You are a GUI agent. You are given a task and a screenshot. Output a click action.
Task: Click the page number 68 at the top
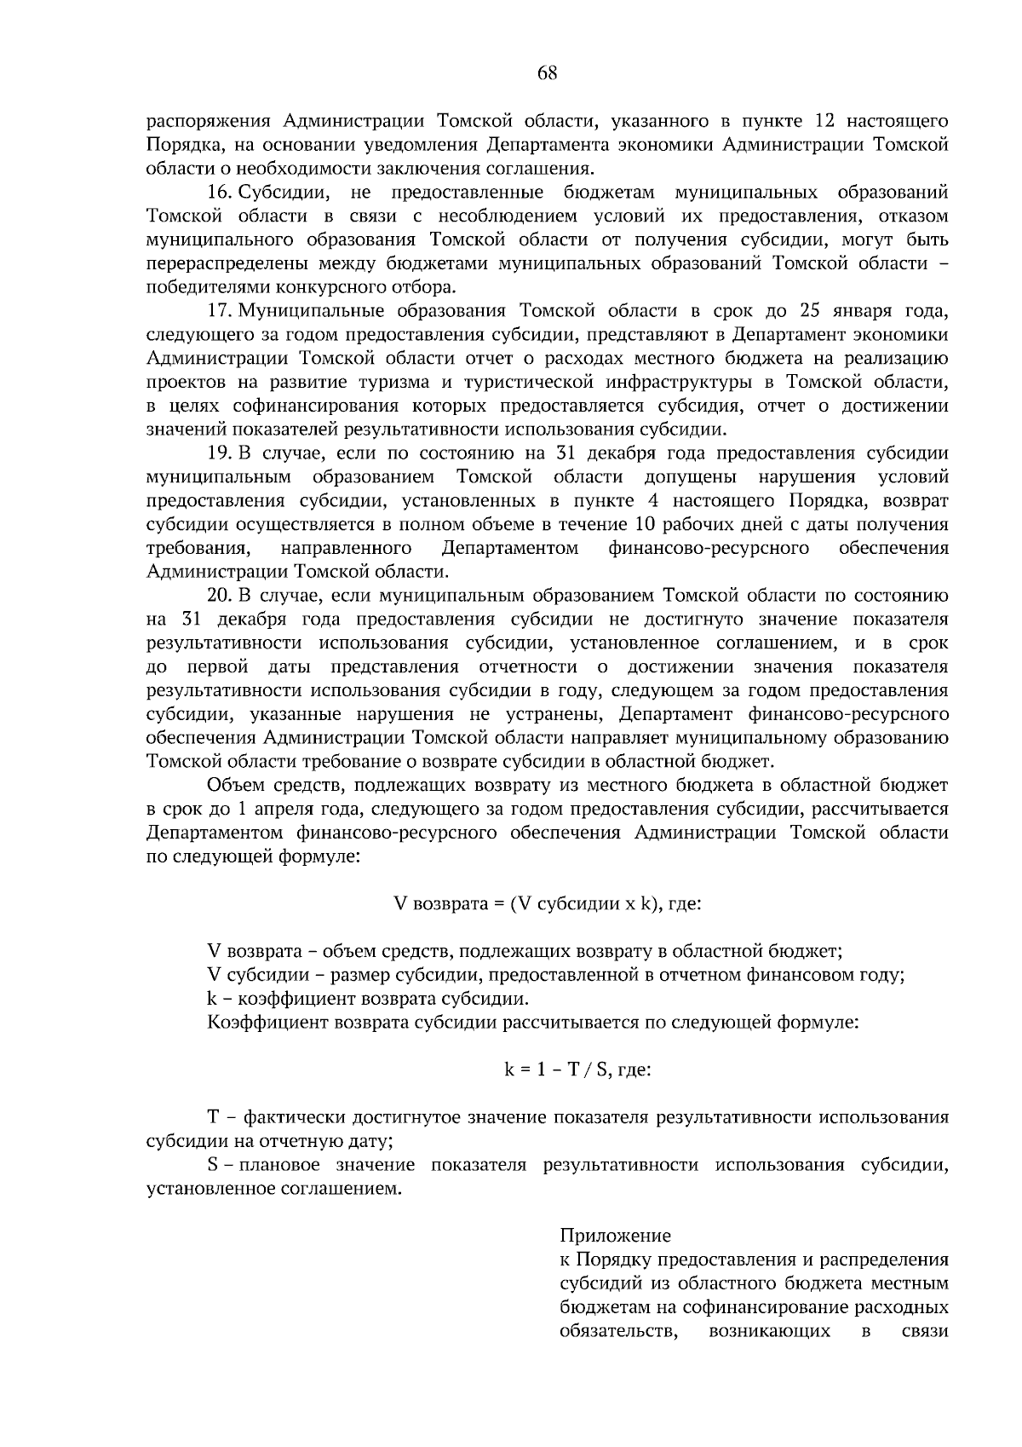(547, 73)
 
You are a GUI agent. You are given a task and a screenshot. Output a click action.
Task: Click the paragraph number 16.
(221, 192)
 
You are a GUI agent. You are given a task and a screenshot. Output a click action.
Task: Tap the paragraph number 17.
(221, 309)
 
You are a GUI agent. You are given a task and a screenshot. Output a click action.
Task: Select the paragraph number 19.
(221, 453)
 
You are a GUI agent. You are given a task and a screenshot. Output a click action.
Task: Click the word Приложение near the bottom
(615, 1235)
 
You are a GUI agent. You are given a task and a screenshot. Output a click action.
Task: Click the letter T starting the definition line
(214, 1116)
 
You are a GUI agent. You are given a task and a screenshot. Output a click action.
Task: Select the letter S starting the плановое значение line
(213, 1164)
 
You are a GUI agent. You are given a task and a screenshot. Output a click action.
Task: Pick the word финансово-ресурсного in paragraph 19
(709, 547)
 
